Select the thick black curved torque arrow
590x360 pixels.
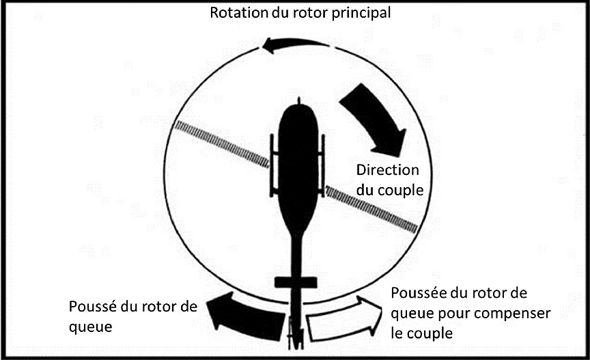click(376, 119)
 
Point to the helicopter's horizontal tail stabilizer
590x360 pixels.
click(296, 281)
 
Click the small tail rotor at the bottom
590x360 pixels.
click(294, 333)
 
